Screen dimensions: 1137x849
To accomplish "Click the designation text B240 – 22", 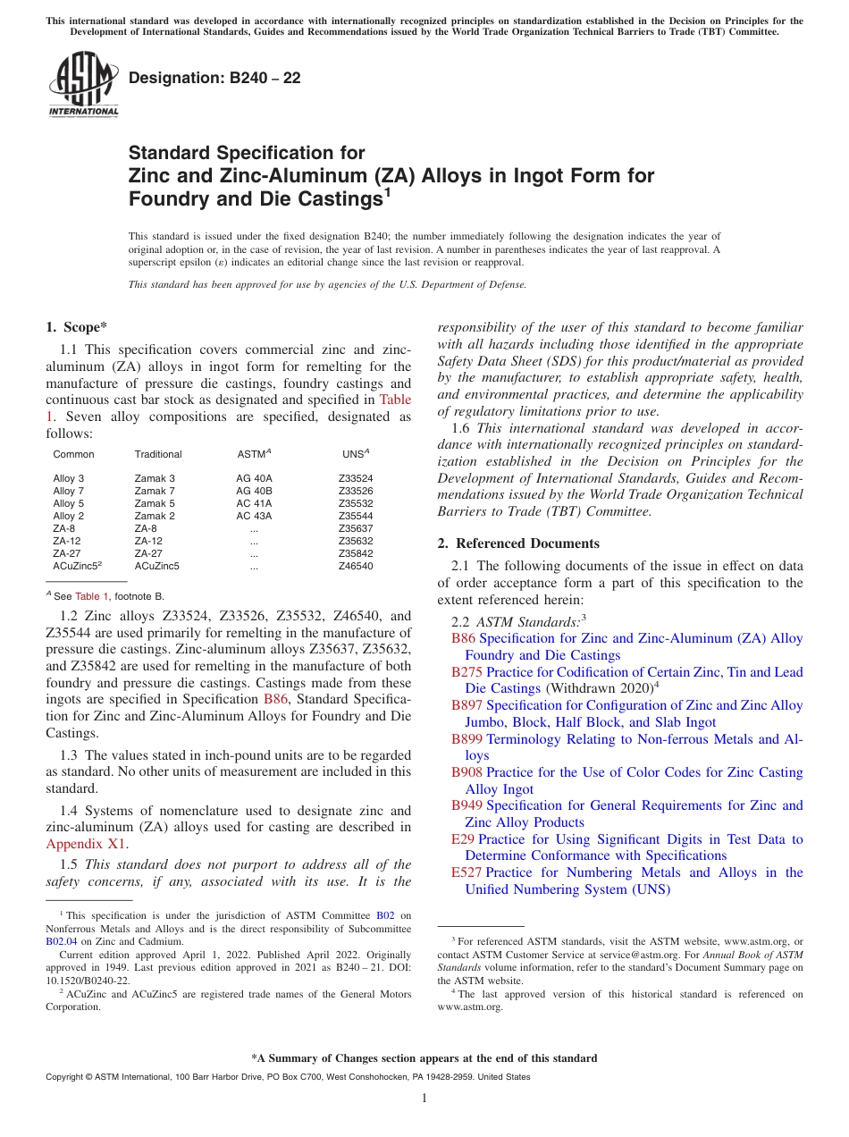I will click(214, 79).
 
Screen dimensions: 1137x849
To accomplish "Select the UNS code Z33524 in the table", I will click(356, 478).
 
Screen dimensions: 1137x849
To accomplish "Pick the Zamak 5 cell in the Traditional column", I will click(155, 503).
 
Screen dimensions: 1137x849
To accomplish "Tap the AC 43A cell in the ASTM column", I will click(254, 516).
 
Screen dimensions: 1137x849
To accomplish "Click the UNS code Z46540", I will click(356, 566).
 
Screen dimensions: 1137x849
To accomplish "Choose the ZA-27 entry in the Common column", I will click(65, 553).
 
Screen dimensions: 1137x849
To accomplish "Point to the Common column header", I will click(73, 454).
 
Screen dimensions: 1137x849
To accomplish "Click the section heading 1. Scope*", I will click(76, 326).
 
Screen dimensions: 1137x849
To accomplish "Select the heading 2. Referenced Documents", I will click(518, 543).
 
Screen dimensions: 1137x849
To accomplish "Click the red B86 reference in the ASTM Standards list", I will click(463, 638).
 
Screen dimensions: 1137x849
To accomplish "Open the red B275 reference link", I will click(467, 672).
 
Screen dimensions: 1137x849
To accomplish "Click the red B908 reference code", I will click(467, 772).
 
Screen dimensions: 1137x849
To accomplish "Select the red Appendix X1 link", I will click(86, 843).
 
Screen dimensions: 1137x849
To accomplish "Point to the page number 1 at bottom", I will click(424, 1099).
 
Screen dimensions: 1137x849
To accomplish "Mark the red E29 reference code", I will click(463, 839).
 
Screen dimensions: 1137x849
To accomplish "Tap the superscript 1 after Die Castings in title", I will click(388, 191).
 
